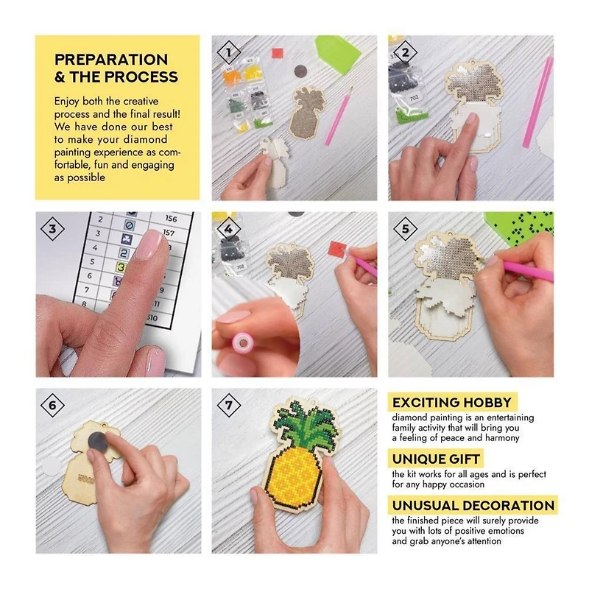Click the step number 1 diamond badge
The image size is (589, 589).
(x=229, y=52)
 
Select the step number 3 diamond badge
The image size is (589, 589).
(x=52, y=229)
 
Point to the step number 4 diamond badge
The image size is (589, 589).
(x=229, y=229)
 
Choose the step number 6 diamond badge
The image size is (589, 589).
(x=52, y=406)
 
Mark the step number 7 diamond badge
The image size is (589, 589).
(x=229, y=406)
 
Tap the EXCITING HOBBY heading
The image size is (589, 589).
(x=453, y=403)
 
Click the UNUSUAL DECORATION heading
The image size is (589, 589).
(x=473, y=506)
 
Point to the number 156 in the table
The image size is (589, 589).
(x=172, y=219)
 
